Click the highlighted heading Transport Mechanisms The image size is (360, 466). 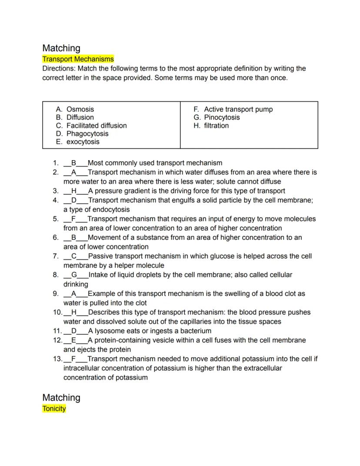tap(78, 59)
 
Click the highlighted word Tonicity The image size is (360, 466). tap(54, 409)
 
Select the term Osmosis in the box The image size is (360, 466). tap(80, 109)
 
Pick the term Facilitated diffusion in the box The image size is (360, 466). tap(97, 126)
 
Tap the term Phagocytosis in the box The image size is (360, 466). tap(87, 134)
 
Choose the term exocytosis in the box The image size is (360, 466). tap(83, 142)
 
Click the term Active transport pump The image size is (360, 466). tap(238, 109)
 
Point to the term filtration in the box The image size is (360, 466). tap(216, 126)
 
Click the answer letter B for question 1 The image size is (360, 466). tap(74, 163)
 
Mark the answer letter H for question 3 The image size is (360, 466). tap(74, 191)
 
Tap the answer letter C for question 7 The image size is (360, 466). tap(74, 256)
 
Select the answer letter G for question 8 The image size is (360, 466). tap(74, 275)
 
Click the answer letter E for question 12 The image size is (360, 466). tap(74, 340)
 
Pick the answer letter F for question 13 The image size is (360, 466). tap(74, 359)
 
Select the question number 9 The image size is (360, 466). tap(56, 294)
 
